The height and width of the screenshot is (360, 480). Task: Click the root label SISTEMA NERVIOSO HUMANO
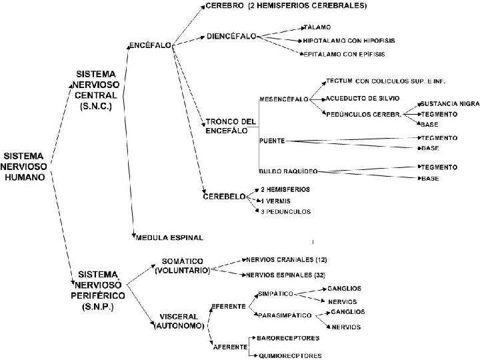[x=25, y=166]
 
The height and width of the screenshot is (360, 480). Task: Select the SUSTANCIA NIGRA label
[x=448, y=104]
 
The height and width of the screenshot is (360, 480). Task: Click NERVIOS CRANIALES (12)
[x=287, y=259]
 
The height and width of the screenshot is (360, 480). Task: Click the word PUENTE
[x=273, y=141]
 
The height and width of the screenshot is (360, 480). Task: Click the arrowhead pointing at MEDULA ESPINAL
[x=135, y=234]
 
